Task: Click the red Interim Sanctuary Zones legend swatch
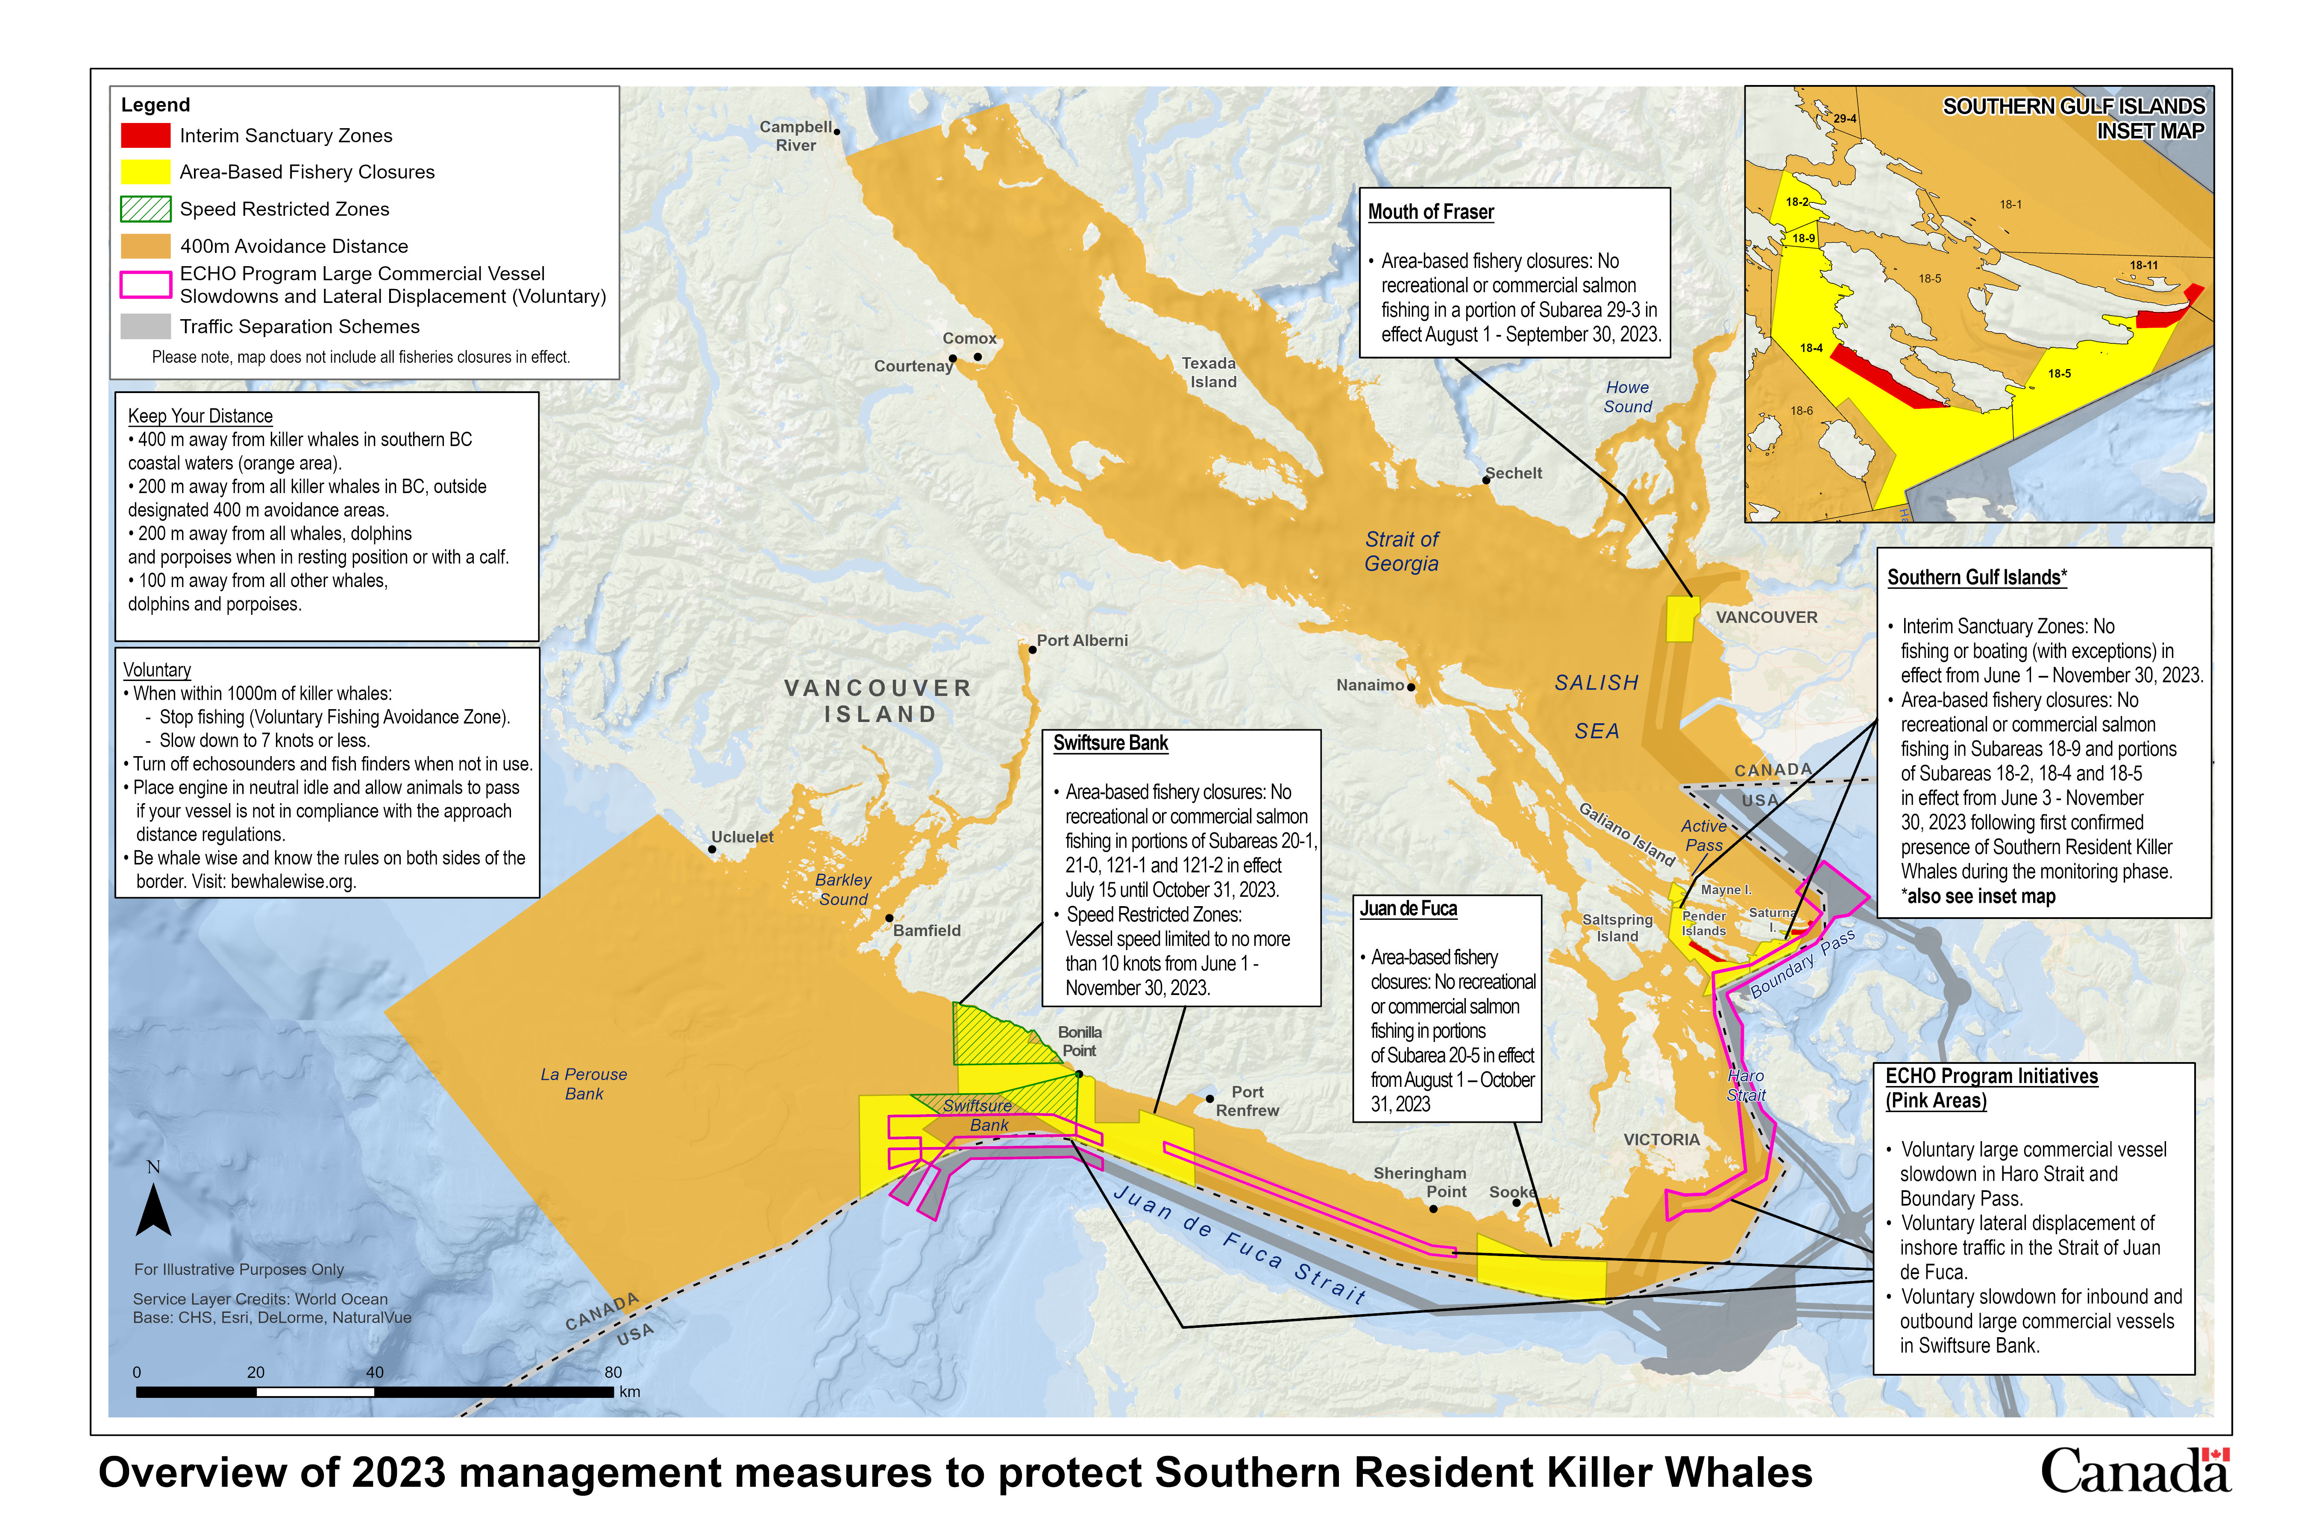145,135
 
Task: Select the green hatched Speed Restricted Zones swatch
145,209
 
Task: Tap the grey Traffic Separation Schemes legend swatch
145,327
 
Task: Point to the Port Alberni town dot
1032,649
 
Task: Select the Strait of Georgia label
1402,551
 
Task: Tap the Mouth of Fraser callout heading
1431,212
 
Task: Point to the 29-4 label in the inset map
1845,119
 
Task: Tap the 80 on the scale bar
613,1372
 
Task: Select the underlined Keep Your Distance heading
200,416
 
